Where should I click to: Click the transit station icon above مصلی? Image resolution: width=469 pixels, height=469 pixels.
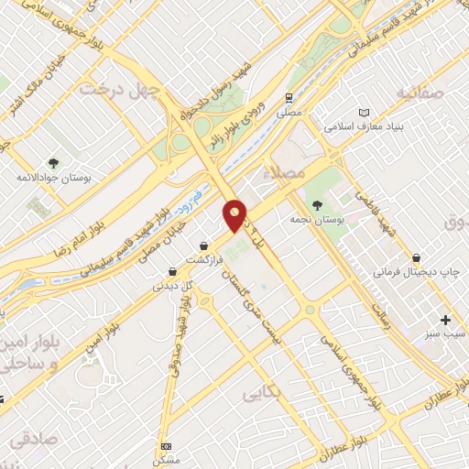[289, 97]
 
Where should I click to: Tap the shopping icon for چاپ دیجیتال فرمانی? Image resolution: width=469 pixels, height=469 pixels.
[417, 258]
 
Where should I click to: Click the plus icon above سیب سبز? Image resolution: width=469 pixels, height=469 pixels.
[445, 320]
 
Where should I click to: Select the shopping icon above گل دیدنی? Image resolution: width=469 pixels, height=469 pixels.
[172, 271]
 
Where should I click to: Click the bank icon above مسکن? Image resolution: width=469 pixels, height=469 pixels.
[166, 446]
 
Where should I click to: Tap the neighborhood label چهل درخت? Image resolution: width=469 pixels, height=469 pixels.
[120, 89]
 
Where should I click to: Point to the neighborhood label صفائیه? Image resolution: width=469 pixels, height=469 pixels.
[420, 93]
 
